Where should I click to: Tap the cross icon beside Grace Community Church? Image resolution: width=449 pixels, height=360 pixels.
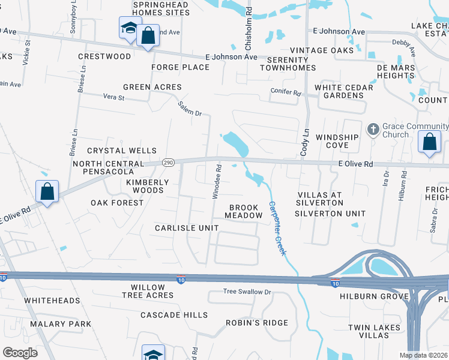tap(373, 129)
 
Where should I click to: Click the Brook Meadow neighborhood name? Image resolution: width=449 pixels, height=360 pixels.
tap(244, 211)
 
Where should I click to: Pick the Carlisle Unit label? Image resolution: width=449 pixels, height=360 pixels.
tap(187, 228)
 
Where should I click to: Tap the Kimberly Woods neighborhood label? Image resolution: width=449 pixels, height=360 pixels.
tap(145, 185)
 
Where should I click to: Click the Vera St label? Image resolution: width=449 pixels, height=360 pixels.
tap(113, 97)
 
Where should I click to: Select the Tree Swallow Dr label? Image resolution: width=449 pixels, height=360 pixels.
tap(247, 292)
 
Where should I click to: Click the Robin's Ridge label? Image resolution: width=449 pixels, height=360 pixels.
tap(257, 323)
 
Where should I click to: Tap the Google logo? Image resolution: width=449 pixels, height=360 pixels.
tap(20, 353)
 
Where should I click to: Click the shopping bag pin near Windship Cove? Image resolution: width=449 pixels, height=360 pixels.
tap(429, 143)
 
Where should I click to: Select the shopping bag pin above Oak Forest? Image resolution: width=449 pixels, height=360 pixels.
tap(47, 192)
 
